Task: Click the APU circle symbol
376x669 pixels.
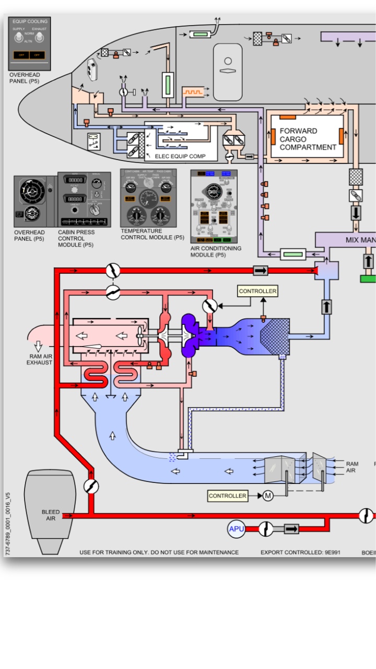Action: pyautogui.click(x=236, y=529)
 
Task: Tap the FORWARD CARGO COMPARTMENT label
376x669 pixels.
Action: pyautogui.click(x=308, y=139)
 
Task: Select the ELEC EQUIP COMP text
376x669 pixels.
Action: pyautogui.click(x=180, y=156)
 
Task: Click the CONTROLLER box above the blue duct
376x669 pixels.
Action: pyautogui.click(x=257, y=291)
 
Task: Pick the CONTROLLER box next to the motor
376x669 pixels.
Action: pyautogui.click(x=227, y=495)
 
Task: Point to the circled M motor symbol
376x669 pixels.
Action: pyautogui.click(x=267, y=495)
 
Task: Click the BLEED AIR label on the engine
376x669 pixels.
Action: pyautogui.click(x=51, y=515)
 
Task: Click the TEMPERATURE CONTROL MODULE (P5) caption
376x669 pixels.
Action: pyautogui.click(x=152, y=234)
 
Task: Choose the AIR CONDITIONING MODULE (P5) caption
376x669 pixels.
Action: pyautogui.click(x=216, y=251)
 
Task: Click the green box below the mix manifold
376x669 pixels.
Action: pyautogui.click(x=368, y=279)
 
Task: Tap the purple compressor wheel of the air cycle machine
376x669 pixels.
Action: pyautogui.click(x=188, y=336)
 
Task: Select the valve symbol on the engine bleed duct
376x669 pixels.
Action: pyautogui.click(x=91, y=487)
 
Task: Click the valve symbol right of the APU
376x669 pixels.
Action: pyautogui.click(x=266, y=529)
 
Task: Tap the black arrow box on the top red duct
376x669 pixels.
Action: pyautogui.click(x=260, y=270)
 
